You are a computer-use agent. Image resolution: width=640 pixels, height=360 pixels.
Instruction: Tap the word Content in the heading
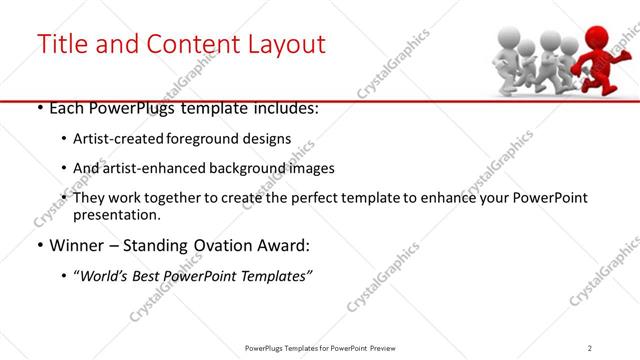tap(187, 44)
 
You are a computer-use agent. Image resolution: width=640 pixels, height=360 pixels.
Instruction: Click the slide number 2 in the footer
tap(590, 347)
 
